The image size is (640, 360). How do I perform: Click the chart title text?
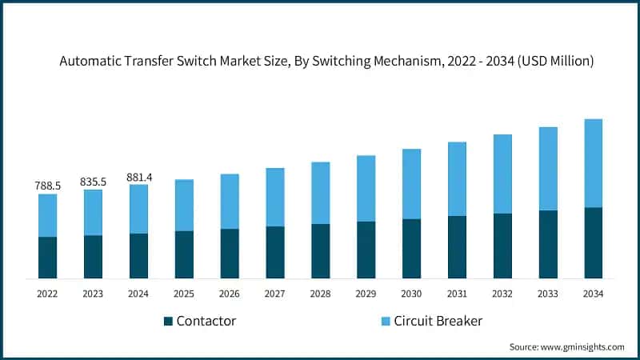pos(326,62)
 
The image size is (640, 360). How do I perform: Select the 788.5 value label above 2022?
pos(47,186)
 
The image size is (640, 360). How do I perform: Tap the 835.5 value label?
pos(93,182)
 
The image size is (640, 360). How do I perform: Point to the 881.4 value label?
pos(138,177)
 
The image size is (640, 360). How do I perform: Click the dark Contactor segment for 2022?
pos(47,258)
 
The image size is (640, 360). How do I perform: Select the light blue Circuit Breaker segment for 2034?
pos(593,163)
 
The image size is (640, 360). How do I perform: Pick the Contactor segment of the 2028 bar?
pos(320,251)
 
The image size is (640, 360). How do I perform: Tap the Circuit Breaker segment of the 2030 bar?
pos(411,184)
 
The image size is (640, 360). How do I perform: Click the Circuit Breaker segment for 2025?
pos(184,205)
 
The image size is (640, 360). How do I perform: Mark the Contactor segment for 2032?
pos(502,246)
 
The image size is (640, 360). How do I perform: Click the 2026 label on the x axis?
pos(230,294)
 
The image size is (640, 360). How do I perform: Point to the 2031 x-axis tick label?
pos(457,294)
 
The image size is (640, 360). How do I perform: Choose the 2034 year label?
pos(593,294)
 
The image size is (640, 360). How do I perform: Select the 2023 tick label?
pos(93,294)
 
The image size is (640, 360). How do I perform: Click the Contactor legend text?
pos(206,322)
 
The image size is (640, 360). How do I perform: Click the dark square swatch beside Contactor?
pos(168,322)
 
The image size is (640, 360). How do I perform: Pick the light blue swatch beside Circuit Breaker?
pos(385,322)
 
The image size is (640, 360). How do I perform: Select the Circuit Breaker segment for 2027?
pos(274,197)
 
